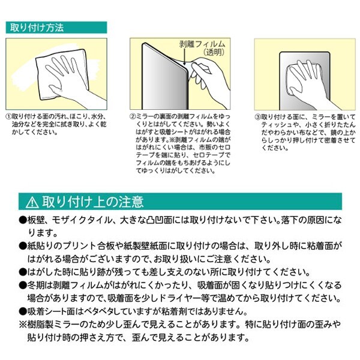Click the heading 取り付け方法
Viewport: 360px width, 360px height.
(37, 28)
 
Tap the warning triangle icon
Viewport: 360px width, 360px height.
(32, 202)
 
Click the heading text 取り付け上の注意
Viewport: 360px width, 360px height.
(93, 202)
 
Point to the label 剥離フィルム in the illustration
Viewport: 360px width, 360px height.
(202, 44)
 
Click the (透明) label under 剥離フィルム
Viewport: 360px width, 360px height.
(214, 53)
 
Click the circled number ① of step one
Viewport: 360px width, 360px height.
(8, 116)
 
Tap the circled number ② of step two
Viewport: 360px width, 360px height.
(133, 116)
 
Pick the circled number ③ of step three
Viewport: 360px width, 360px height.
(257, 117)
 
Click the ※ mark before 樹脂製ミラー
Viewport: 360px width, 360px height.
(23, 325)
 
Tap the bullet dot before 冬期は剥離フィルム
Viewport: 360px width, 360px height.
(23, 286)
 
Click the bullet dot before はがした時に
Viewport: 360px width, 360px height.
(23, 272)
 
